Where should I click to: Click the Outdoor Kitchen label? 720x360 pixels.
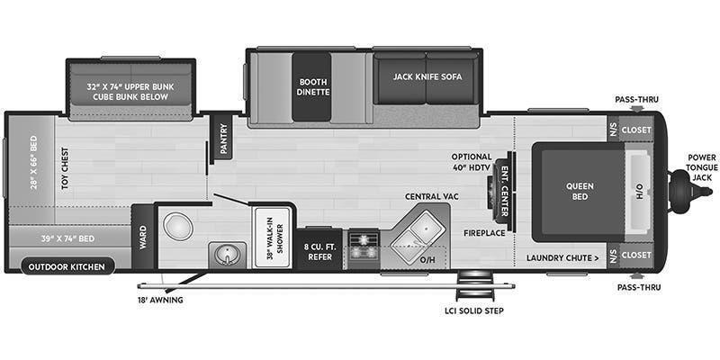pos(67,266)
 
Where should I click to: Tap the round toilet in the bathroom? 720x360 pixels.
pos(177,226)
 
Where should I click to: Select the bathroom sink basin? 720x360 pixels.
pos(227,255)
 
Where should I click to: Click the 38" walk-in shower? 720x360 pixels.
pos(273,238)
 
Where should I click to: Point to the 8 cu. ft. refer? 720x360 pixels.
pos(320,250)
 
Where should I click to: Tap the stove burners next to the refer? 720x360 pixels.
pos(364,246)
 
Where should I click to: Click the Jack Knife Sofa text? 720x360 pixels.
pos(427,76)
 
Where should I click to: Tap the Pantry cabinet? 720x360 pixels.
pos(223,139)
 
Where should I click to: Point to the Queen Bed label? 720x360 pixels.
pos(580,191)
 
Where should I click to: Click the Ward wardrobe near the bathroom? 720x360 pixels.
pos(143,237)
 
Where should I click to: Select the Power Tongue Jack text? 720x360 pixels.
pos(702,167)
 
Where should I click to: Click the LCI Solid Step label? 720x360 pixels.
pos(474,310)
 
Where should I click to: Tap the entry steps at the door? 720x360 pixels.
pos(468,286)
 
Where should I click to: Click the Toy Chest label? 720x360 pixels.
pos(65,168)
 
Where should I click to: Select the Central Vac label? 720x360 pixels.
pos(431,196)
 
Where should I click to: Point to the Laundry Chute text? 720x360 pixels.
pos(562,257)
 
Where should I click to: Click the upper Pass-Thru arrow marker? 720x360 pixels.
pos(636,109)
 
